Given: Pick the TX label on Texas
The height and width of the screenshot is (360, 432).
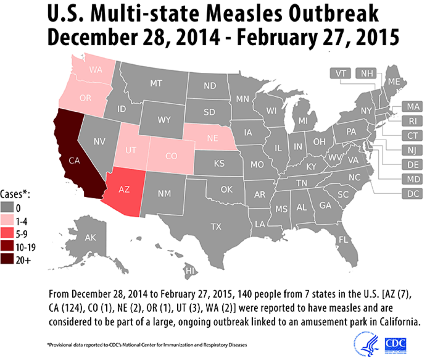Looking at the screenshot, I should pyautogui.click(x=216, y=226).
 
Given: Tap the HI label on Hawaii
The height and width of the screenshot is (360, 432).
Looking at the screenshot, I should pyautogui.click(x=191, y=271).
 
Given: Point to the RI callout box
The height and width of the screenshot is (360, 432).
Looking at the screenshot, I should pyautogui.click(x=411, y=121).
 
